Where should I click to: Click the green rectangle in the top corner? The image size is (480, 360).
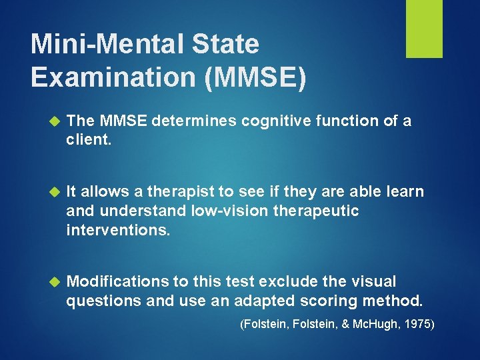[x=424, y=29]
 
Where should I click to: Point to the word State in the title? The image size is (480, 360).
[x=227, y=44]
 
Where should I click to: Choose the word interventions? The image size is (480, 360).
[x=118, y=229]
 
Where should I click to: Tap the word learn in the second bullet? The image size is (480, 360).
[x=405, y=192]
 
